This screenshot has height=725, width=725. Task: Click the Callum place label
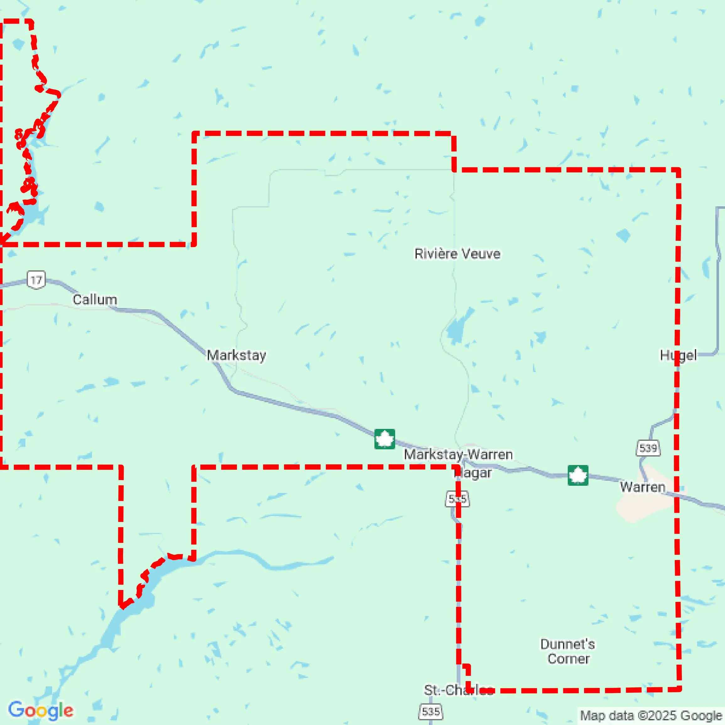[94, 300]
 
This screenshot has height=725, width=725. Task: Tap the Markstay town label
[236, 355]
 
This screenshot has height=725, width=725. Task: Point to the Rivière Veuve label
[457, 254]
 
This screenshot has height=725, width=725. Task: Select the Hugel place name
[678, 355]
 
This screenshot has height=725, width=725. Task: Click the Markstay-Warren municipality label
[458, 454]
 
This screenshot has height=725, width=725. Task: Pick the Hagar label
[474, 473]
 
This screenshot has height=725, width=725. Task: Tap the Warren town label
[642, 487]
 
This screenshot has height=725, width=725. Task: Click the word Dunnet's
[567, 644]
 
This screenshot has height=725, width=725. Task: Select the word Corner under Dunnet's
[568, 659]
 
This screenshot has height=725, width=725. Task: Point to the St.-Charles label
[459, 690]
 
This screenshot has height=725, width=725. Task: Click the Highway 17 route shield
[36, 280]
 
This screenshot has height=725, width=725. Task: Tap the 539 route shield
[648, 448]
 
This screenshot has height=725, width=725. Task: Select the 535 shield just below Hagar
[457, 499]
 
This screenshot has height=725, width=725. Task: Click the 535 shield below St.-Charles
[430, 711]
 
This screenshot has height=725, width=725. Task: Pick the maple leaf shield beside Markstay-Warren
[385, 439]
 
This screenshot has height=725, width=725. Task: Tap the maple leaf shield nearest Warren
[578, 475]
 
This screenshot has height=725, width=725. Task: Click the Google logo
[40, 710]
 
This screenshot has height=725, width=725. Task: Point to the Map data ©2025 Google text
[651, 716]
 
